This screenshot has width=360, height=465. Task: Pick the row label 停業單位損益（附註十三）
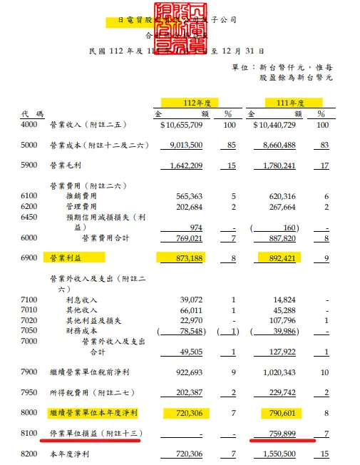pos(91,434)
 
